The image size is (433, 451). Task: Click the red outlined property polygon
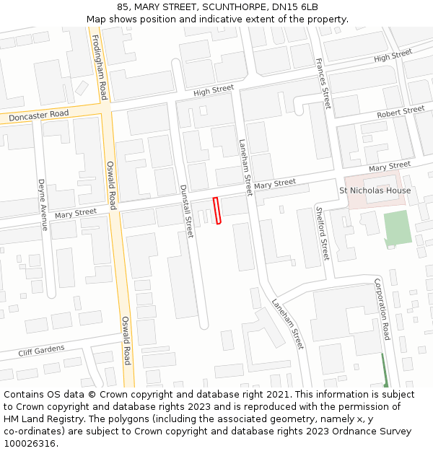click(216, 211)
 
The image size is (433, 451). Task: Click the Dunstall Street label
click(187, 211)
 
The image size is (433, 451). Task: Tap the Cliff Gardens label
click(42, 351)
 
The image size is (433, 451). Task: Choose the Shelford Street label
click(323, 233)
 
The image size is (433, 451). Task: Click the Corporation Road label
click(382, 309)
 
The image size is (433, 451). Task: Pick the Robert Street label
click(401, 112)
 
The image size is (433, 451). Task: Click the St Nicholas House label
click(375, 191)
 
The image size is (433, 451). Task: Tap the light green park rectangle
click(397, 228)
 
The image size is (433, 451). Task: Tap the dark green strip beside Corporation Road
click(385, 369)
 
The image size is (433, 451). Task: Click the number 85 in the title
click(123, 7)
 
